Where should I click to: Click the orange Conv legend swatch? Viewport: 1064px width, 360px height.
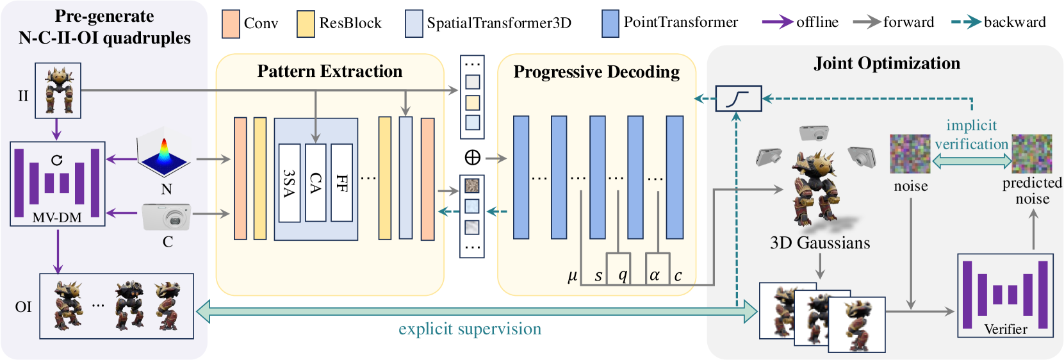[x=231, y=24]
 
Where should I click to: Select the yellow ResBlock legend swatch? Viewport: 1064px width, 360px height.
[x=306, y=24]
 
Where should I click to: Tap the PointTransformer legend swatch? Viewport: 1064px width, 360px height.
[x=610, y=24]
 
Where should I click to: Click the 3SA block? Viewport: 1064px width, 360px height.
[x=290, y=183]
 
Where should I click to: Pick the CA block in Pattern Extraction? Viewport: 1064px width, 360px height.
[x=316, y=183]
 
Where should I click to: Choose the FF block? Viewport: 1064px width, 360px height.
[x=342, y=183]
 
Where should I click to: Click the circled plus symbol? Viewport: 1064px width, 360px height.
[x=472, y=157]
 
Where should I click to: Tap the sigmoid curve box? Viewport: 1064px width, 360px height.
[x=739, y=99]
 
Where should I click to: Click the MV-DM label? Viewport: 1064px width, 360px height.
[x=57, y=218]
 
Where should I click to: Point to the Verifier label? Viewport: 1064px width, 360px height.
[x=1006, y=329]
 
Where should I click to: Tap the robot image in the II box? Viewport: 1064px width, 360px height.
[x=58, y=90]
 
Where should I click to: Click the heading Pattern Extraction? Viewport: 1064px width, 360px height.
[x=330, y=71]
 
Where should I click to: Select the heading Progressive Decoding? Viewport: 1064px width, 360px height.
[x=596, y=72]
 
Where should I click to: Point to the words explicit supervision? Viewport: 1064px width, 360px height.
[x=470, y=329]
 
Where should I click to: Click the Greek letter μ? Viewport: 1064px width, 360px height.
[x=573, y=276]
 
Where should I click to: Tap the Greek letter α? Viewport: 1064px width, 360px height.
[x=655, y=275]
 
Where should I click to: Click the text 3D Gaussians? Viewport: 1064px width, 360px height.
[x=820, y=243]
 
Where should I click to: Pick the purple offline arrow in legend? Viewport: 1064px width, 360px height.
[x=778, y=22]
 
